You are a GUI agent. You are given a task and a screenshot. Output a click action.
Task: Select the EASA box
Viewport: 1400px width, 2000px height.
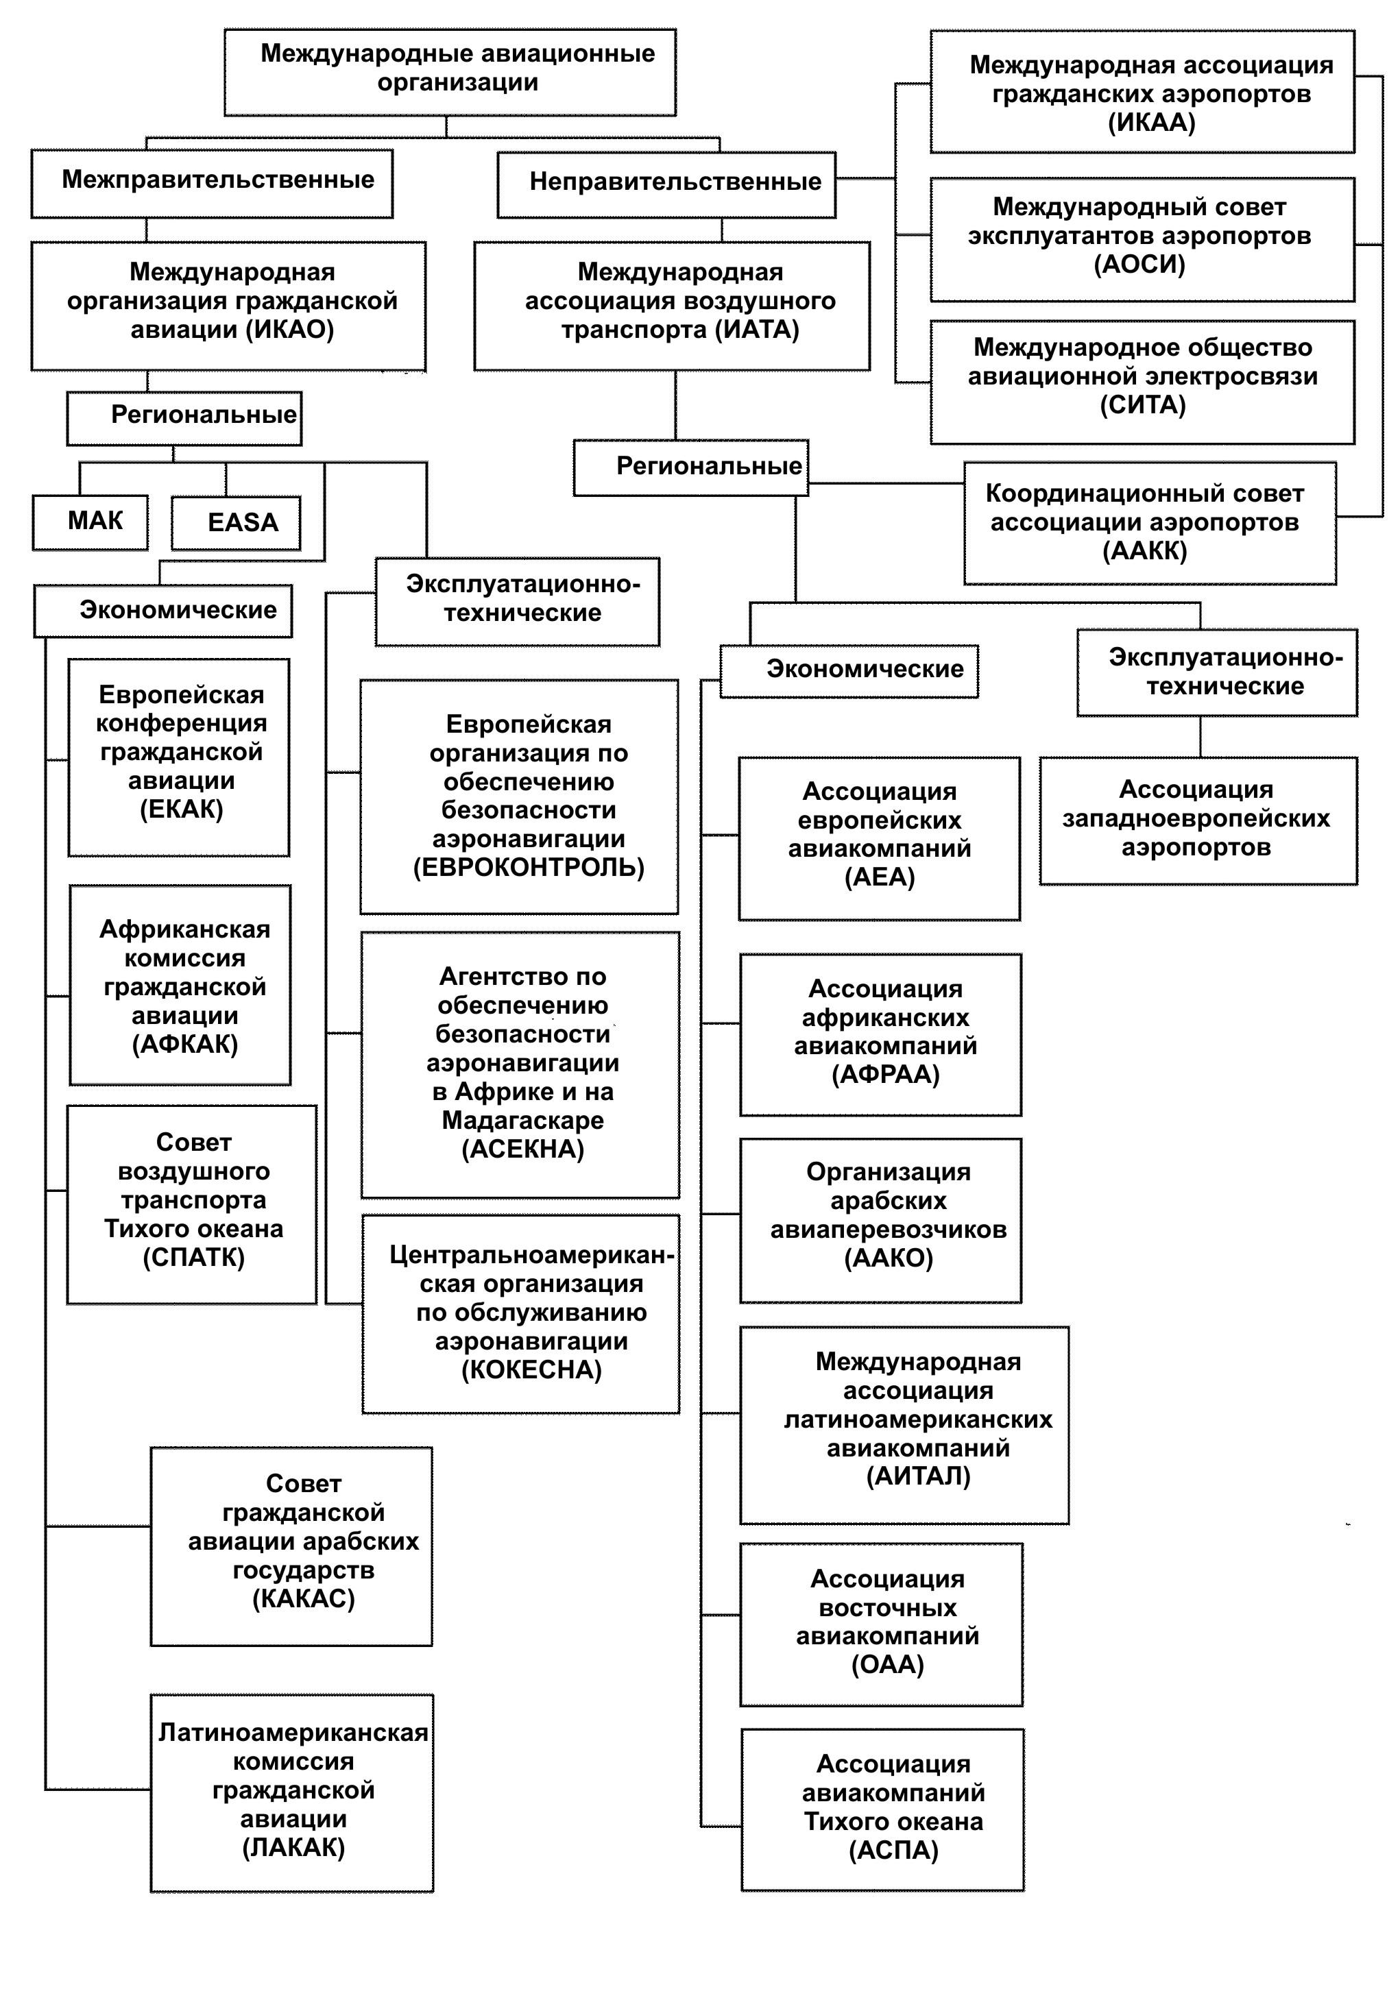coord(236,523)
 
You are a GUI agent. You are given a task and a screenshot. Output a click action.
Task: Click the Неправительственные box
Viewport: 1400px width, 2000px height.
coord(666,184)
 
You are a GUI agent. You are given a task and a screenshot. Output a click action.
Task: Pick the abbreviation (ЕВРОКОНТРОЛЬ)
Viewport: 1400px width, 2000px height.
coord(528,868)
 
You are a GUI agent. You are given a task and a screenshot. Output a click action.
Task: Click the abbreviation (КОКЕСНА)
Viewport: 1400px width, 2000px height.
coord(531,1370)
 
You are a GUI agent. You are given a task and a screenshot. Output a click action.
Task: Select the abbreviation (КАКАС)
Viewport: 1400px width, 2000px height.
coord(303,1598)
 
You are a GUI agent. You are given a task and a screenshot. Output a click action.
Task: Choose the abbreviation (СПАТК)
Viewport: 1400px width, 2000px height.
coord(193,1258)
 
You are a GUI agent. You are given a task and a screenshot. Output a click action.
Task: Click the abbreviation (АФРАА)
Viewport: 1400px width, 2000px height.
coord(885,1075)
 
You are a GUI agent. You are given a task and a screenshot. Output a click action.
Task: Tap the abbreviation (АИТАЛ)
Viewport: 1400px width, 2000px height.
coord(917,1476)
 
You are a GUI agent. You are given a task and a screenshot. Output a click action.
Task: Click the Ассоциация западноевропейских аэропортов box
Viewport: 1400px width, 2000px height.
coord(1198,820)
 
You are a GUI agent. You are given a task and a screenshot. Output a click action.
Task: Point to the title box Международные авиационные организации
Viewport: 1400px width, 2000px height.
coord(450,71)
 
